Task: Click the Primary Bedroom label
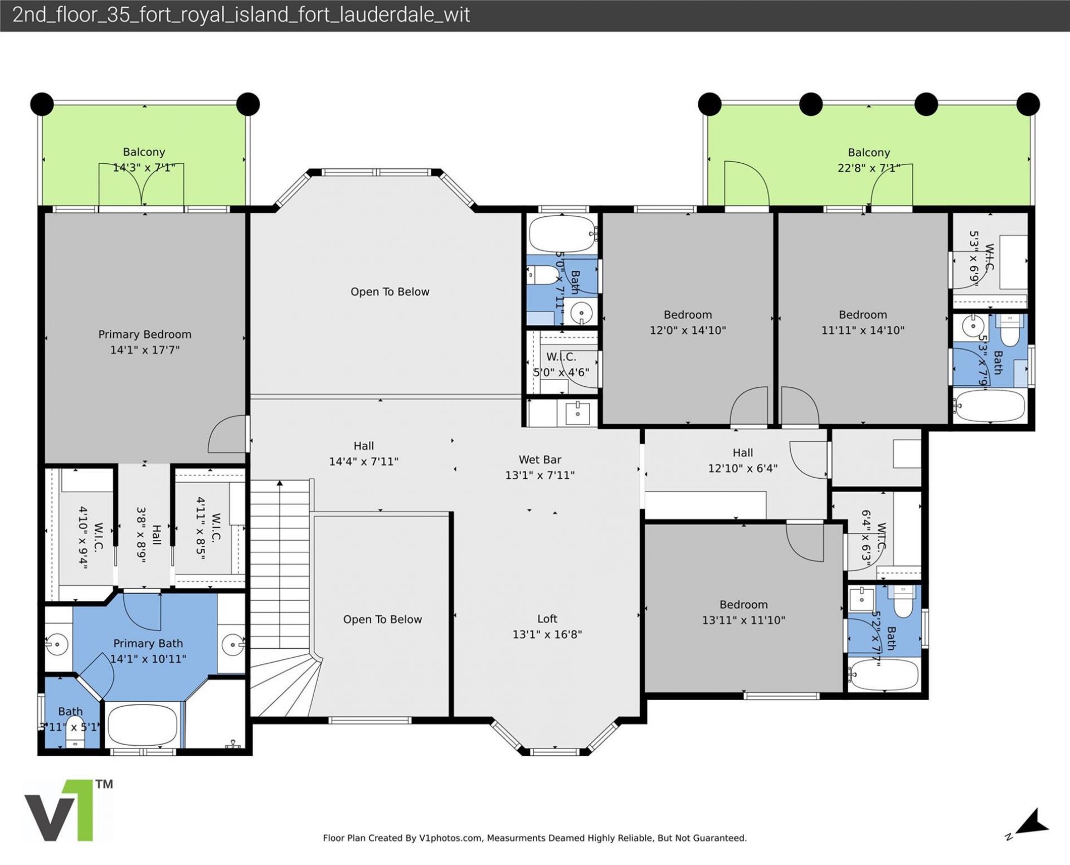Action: click(144, 334)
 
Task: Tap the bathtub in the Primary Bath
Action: click(142, 725)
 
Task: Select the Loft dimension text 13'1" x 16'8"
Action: click(547, 634)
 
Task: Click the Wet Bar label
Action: click(539, 460)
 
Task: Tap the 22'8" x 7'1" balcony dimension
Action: click(868, 168)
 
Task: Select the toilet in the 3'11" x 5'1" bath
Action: click(74, 741)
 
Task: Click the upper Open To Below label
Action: click(390, 292)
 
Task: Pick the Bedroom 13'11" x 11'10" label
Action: click(743, 605)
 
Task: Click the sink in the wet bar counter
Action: click(577, 413)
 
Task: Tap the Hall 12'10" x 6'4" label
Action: click(742, 453)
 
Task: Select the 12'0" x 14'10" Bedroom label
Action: click(687, 315)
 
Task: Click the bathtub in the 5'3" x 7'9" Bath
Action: click(990, 406)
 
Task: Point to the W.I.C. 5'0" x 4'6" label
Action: click(561, 357)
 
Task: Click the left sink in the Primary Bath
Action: click(56, 645)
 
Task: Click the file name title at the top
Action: click(241, 15)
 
